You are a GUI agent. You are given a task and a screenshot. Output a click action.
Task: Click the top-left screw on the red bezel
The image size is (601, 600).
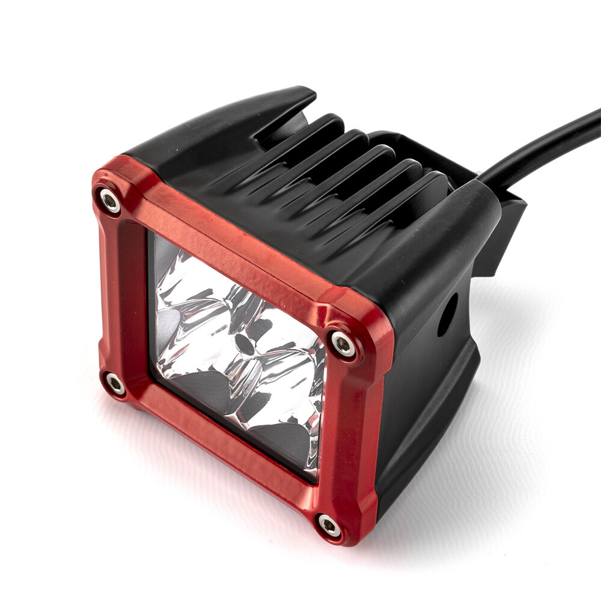(110, 201)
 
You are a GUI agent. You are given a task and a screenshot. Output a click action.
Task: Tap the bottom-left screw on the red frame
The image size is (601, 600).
(115, 384)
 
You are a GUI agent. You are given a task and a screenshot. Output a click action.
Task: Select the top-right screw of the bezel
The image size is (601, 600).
(343, 345)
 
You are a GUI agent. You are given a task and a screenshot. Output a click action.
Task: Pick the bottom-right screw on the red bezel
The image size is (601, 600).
(329, 526)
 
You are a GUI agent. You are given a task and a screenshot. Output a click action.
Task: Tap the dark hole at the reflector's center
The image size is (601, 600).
(243, 344)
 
